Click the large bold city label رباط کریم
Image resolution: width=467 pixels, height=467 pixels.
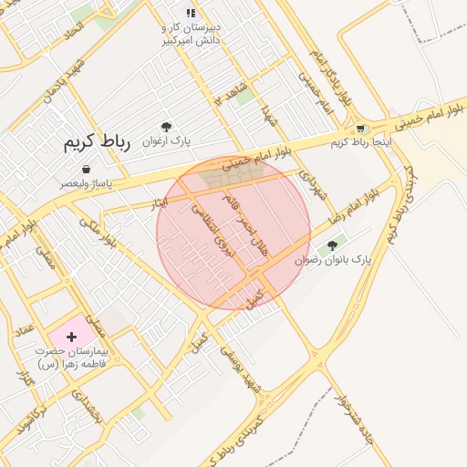98,143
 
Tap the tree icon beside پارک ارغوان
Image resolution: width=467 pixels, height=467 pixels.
165,127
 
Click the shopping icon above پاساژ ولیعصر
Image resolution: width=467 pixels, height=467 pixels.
86,170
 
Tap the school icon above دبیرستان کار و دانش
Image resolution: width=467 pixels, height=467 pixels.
191,13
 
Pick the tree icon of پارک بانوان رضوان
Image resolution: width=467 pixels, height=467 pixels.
332,245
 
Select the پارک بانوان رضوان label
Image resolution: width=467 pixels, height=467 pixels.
333,260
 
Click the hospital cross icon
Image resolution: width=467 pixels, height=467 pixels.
71,337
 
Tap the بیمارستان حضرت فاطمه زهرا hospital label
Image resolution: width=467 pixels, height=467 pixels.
72,357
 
